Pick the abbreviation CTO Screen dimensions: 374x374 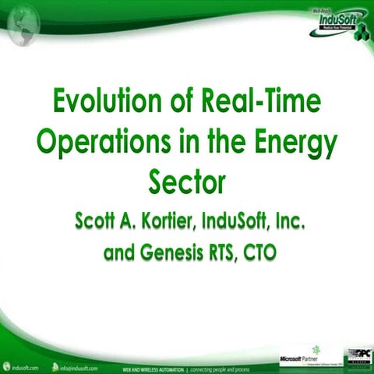pos(259,253)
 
